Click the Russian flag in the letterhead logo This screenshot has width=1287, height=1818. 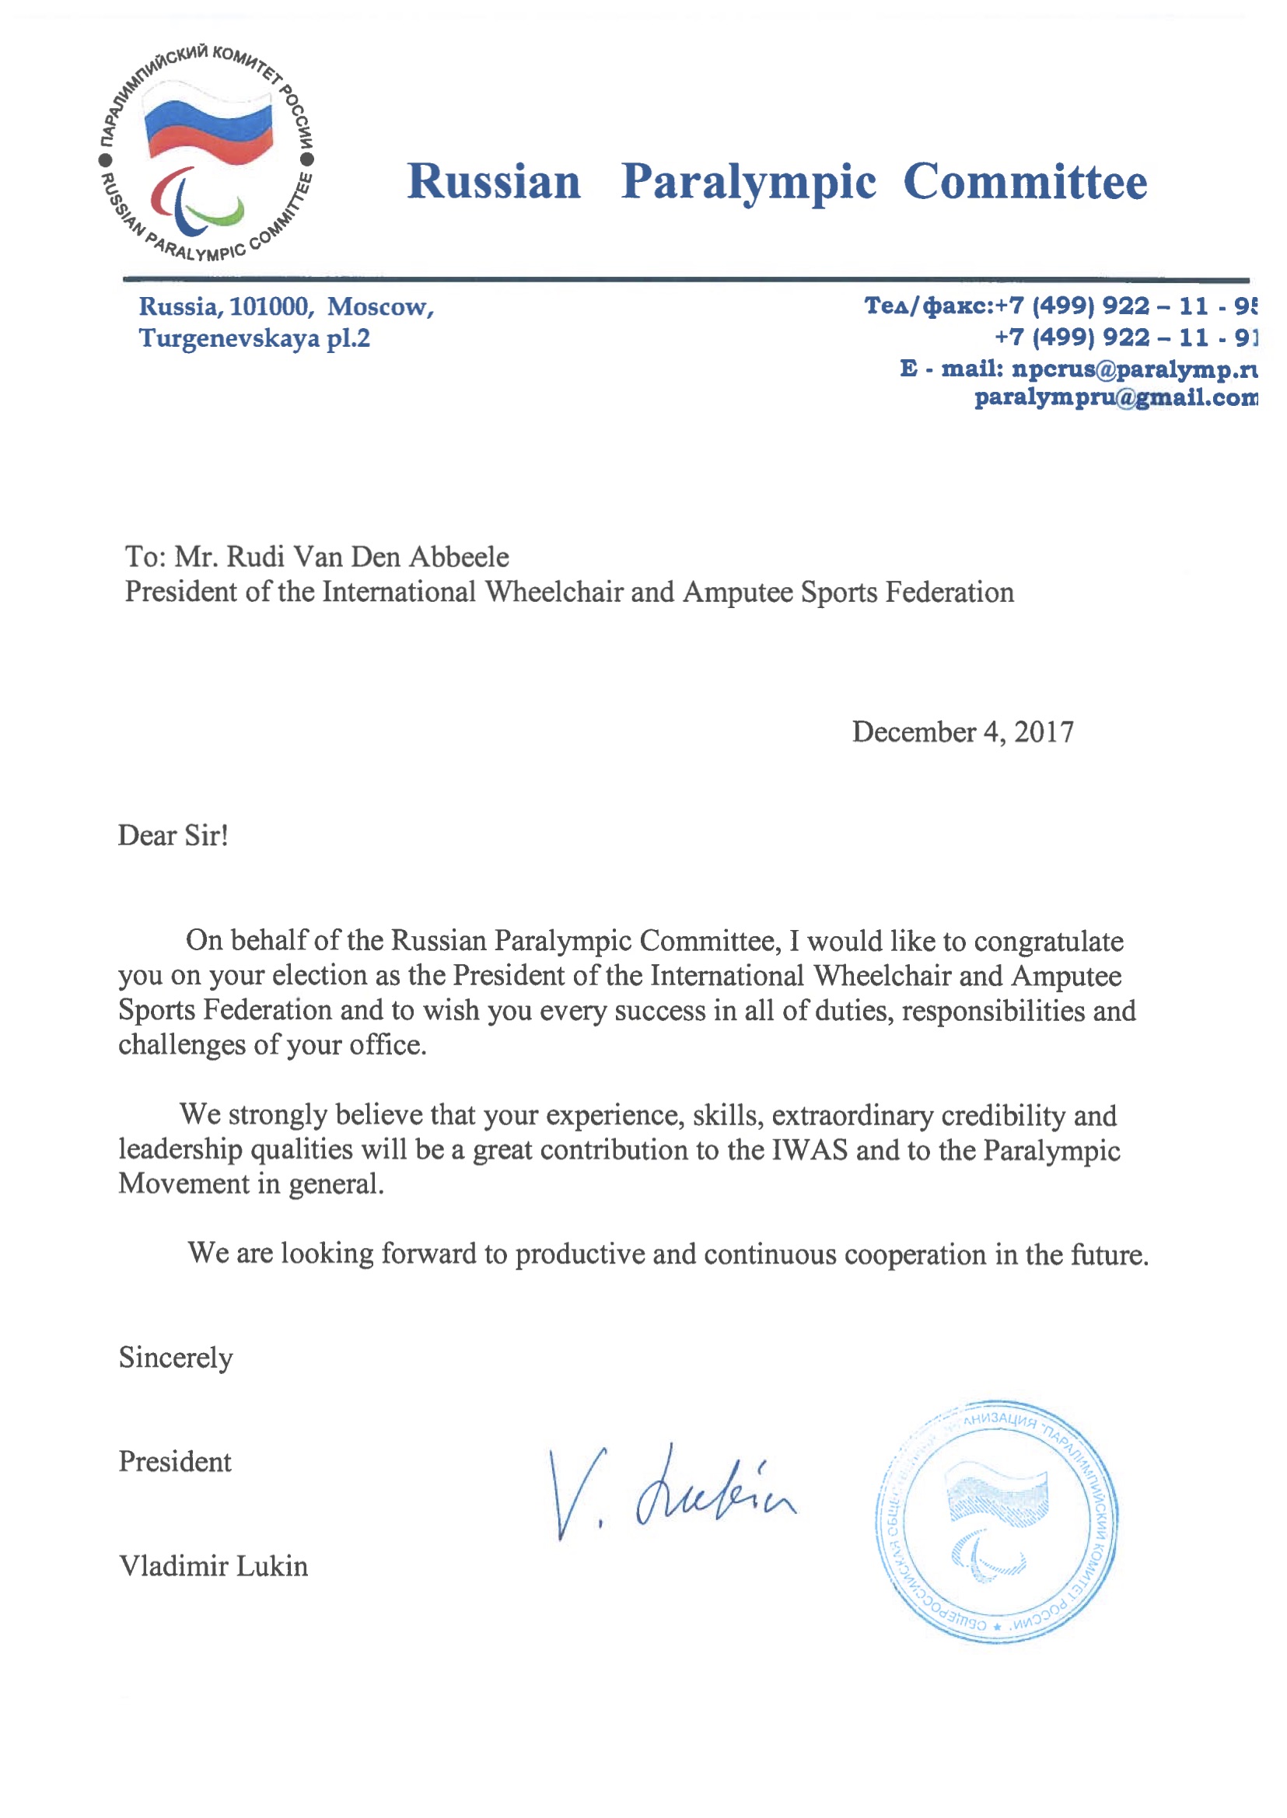(x=208, y=127)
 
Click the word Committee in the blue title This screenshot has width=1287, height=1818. (x=1025, y=181)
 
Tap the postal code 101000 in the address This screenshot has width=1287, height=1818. (x=268, y=306)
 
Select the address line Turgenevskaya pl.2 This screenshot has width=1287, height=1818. (x=254, y=338)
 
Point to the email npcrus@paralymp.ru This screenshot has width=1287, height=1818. (x=1134, y=369)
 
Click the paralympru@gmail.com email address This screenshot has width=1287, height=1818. (x=1115, y=397)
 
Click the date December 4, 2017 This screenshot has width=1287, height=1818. (x=963, y=732)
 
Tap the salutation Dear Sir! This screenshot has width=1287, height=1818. (x=173, y=835)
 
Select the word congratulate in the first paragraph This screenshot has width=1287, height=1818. (x=1048, y=941)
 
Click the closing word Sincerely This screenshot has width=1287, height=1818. (x=176, y=1358)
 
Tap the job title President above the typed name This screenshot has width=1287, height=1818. (x=175, y=1461)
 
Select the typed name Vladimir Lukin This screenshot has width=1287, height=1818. (x=213, y=1566)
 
